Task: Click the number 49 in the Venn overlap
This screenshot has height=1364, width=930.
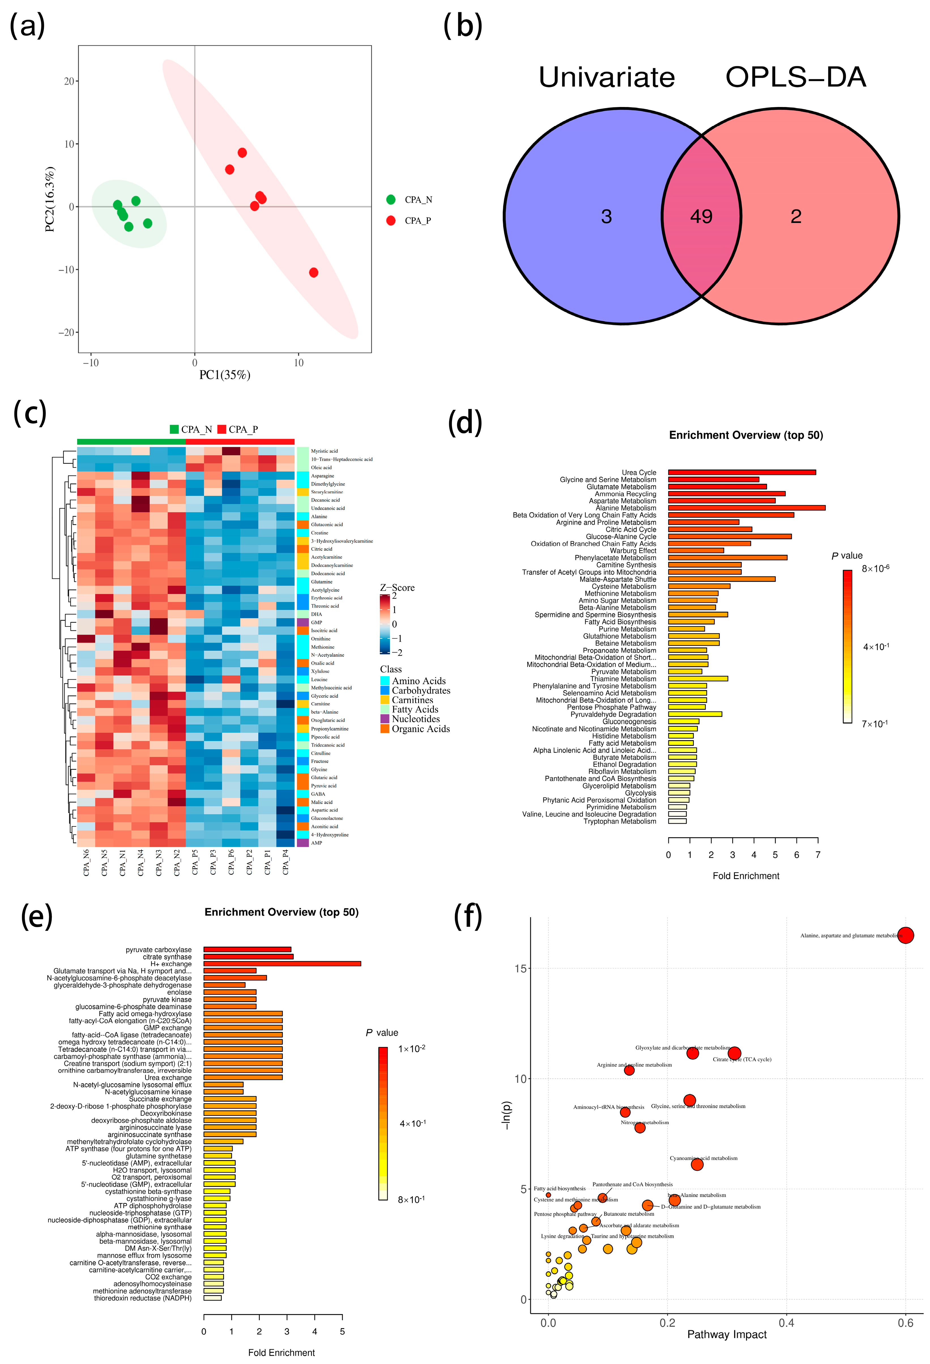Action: click(x=701, y=217)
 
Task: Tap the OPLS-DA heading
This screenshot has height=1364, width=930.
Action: click(x=795, y=78)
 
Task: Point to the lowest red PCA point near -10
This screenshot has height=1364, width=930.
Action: click(x=313, y=272)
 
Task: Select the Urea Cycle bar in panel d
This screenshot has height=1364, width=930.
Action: click(x=741, y=473)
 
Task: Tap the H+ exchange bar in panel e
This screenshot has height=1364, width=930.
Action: click(x=282, y=964)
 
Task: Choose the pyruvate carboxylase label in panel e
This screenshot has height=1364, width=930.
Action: click(x=159, y=950)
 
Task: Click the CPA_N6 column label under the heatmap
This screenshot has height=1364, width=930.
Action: click(x=86, y=863)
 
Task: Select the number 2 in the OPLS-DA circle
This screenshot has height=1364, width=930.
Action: click(x=795, y=217)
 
